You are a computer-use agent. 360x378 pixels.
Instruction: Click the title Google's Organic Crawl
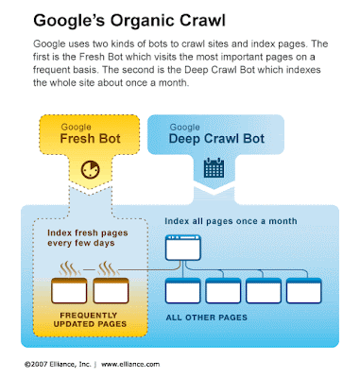[129, 21]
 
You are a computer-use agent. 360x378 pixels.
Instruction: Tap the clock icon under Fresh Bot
[90, 170]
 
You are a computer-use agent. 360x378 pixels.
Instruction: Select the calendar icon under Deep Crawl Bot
[214, 168]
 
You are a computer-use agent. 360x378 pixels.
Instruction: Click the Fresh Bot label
[90, 139]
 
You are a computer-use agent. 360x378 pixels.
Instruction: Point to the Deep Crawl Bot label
[216, 139]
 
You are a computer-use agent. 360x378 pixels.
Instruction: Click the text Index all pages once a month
[231, 221]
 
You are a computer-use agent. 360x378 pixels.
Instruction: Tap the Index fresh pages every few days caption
[88, 238]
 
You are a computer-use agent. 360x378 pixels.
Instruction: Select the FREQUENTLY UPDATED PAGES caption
[90, 319]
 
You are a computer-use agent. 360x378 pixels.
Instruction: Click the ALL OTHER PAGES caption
[206, 318]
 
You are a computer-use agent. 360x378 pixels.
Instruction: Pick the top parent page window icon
[183, 248]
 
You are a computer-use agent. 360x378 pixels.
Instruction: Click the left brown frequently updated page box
[69, 291]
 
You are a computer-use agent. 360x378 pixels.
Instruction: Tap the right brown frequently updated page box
[111, 291]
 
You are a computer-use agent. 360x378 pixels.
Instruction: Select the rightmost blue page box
[304, 291]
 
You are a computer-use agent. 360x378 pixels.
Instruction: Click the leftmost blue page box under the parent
[183, 291]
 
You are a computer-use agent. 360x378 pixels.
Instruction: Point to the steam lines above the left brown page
[69, 268]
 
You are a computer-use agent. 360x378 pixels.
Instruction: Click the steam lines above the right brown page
[107, 268]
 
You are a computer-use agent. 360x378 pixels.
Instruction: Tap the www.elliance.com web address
[130, 364]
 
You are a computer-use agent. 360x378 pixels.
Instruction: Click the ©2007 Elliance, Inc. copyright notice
[58, 364]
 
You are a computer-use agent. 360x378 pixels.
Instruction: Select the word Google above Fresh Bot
[77, 127]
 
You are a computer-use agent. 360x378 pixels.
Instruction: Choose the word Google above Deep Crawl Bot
[185, 128]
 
